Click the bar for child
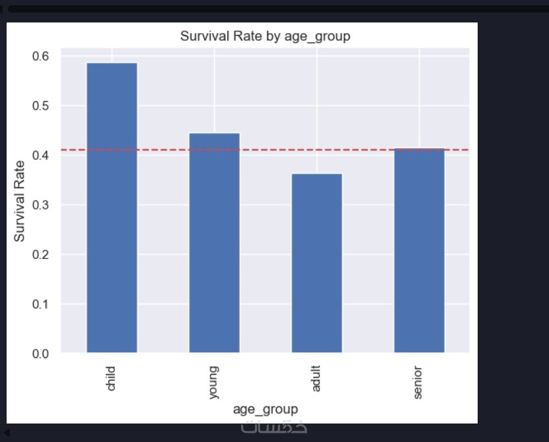112,207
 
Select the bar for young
214,242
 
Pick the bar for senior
419,250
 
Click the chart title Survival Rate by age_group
265,36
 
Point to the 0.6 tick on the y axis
40,56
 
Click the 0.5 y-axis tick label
40,106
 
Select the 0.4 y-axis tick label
40,155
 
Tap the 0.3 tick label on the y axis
40,205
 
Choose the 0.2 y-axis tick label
40,254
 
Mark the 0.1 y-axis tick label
40,304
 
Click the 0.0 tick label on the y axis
40,353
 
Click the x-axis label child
111,377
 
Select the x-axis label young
213,382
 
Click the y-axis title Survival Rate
20,201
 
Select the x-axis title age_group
265,409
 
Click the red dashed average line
165,150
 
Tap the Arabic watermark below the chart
274,427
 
